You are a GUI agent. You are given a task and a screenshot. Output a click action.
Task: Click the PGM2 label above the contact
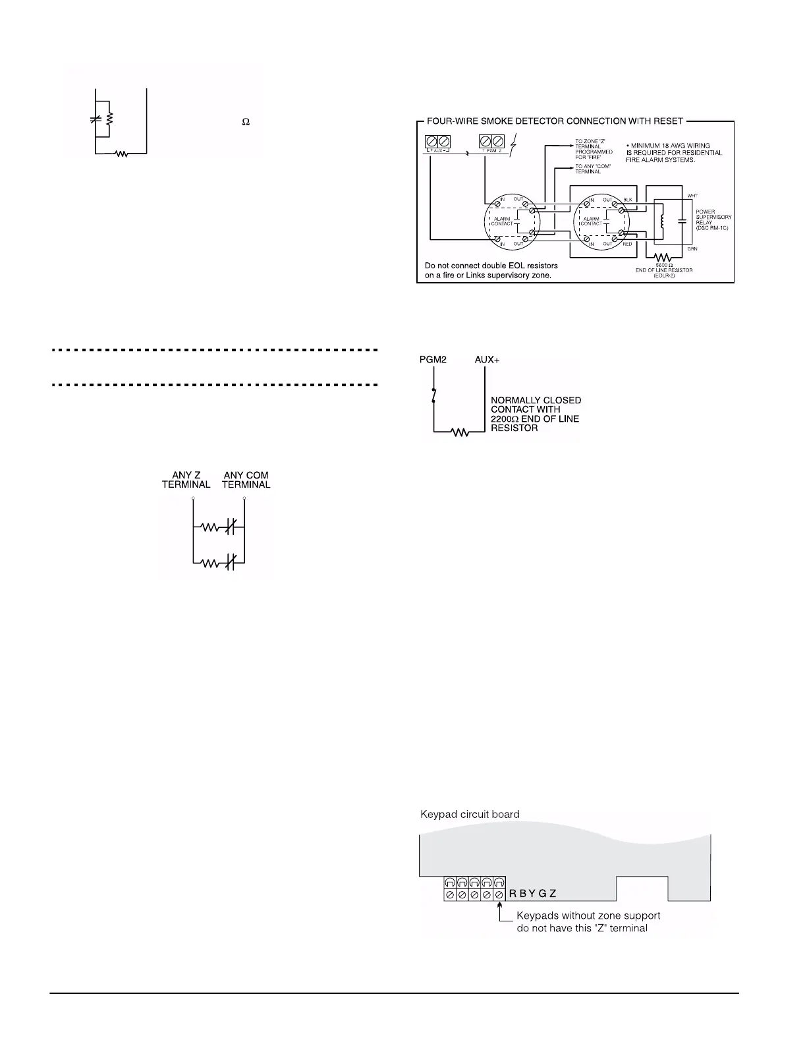pyautogui.click(x=433, y=360)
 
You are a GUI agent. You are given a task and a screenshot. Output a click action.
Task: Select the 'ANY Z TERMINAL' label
pyautogui.click(x=186, y=480)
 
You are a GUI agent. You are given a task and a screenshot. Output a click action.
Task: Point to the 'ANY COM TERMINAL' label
pyautogui.click(x=246, y=480)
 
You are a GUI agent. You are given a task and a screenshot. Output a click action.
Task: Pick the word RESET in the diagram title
pyautogui.click(x=667, y=121)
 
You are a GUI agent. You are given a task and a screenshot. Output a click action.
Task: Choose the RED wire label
pyautogui.click(x=627, y=244)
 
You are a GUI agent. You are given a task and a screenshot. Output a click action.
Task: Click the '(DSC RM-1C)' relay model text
pyautogui.click(x=713, y=227)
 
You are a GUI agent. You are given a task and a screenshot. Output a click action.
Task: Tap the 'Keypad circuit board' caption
pyautogui.click(x=470, y=814)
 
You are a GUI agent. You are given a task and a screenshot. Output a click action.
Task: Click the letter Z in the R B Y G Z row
pyautogui.click(x=553, y=894)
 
